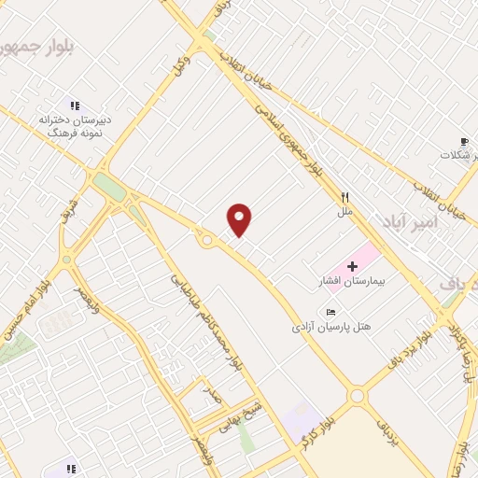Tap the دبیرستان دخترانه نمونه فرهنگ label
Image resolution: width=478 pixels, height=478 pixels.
[x=75, y=127]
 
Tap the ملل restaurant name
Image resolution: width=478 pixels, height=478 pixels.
[x=344, y=213]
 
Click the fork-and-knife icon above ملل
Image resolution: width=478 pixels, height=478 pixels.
[x=344, y=198]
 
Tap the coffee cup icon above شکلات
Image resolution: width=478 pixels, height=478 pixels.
[x=465, y=141]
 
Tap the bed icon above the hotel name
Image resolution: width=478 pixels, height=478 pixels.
[x=332, y=312]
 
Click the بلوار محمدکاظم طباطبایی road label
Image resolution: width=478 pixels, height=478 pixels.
[x=205, y=322]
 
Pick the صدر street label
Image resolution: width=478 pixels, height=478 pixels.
[x=215, y=395]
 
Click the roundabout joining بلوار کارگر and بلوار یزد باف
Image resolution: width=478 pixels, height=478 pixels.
[x=357, y=396]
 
